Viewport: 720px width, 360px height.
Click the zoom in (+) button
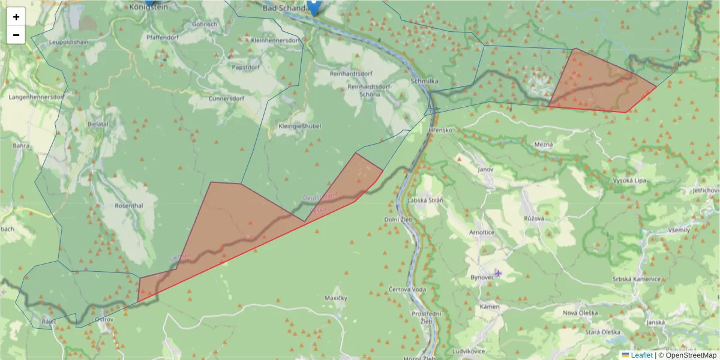coord(16,17)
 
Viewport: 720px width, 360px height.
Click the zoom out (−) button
coord(16,35)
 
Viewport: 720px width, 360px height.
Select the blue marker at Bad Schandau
coord(313,7)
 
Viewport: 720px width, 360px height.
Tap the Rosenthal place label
coord(128,205)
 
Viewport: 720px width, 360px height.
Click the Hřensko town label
coord(440,130)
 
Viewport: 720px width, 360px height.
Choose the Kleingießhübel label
coord(300,127)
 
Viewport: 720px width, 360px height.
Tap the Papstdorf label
coord(244,67)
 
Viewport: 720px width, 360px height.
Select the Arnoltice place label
coord(482,232)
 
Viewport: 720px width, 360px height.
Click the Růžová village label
coord(533,218)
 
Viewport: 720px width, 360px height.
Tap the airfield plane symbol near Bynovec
coord(498,273)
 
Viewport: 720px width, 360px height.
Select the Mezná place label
coord(543,145)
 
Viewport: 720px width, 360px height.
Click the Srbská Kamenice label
coord(636,279)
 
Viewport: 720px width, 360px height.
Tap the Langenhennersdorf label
coord(37,96)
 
